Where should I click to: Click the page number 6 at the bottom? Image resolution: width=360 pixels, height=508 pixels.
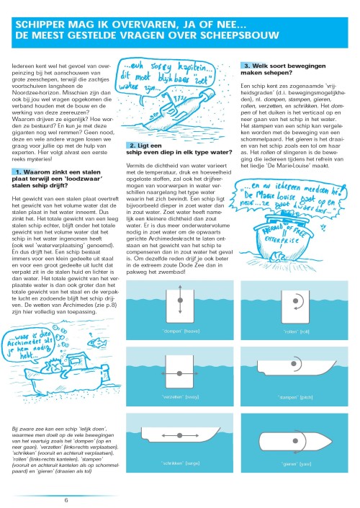tap(66, 499)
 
